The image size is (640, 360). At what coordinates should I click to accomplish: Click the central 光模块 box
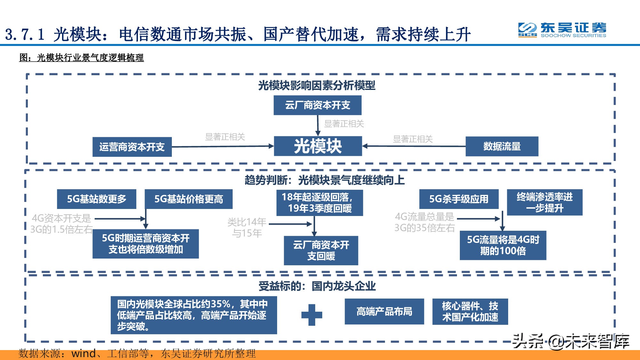tap(318, 146)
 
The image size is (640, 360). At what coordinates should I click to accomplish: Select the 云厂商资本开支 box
tap(317, 105)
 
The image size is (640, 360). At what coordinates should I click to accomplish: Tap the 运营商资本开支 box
tap(132, 147)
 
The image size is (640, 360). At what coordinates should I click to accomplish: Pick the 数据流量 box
tap(502, 147)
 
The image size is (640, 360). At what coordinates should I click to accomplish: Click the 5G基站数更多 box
tap(97, 199)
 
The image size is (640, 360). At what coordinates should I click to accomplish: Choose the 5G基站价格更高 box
tap(188, 199)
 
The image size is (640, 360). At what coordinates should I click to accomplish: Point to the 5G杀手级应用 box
tap(459, 199)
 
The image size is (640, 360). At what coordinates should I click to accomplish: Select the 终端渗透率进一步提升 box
tap(545, 202)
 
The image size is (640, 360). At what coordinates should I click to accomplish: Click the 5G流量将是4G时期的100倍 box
tap(503, 245)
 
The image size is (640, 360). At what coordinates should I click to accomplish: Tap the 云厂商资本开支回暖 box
tap(321, 250)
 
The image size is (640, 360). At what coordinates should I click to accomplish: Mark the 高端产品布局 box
tap(384, 311)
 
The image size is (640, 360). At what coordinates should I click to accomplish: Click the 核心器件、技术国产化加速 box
tap(470, 311)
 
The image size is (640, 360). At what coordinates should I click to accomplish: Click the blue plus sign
tap(312, 315)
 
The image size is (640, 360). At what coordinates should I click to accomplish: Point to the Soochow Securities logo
tap(562, 30)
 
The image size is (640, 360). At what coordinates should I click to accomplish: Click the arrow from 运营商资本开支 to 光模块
tap(222, 147)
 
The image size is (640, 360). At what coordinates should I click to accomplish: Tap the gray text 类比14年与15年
tap(247, 228)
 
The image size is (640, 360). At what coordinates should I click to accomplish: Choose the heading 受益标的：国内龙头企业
tap(317, 286)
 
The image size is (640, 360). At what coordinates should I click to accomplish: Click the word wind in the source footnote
tap(84, 353)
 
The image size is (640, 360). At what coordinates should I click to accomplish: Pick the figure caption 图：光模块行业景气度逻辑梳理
tap(82, 58)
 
